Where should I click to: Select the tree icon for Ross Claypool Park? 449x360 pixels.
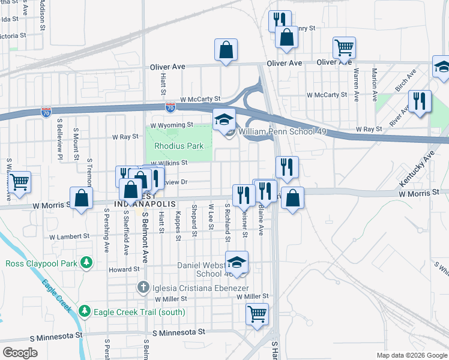coord(88,263)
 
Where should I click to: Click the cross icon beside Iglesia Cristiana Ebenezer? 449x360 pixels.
coord(144,287)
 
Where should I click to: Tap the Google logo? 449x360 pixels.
coord(21,353)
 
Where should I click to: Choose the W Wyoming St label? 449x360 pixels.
coord(171,125)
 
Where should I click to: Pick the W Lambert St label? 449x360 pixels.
coord(68,237)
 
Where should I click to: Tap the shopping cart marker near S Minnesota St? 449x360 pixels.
coord(258,313)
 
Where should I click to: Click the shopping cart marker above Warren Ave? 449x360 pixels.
coord(345,47)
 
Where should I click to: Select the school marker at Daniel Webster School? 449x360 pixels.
coord(237,262)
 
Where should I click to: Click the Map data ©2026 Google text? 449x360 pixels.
coord(411,355)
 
